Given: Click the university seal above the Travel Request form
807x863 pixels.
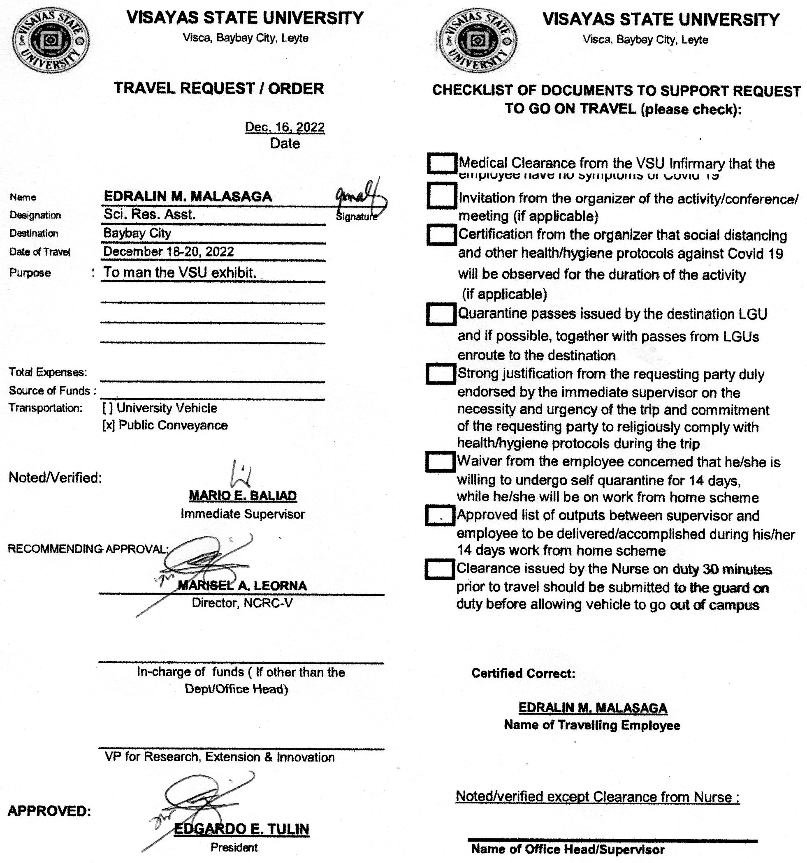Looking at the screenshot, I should click(51, 41).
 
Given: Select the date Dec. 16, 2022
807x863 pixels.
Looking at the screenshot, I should click(285, 127).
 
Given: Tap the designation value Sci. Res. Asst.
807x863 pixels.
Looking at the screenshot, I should click(149, 214).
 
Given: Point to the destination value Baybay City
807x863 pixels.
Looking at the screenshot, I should click(137, 233).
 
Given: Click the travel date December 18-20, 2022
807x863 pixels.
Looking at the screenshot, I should click(169, 252).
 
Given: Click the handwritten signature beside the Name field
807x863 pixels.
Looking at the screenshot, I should click(359, 197).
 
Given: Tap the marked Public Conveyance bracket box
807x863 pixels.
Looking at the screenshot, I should click(109, 425).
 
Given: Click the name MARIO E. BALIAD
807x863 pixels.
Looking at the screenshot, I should click(243, 495).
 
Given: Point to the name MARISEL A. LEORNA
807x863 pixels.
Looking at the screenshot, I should click(242, 586).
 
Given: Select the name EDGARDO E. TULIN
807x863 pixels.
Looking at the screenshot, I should click(241, 829).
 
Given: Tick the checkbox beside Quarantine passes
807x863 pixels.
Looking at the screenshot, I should click(441, 314).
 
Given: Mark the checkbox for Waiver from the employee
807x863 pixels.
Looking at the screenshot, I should click(440, 462).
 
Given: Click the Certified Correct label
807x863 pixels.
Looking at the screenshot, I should click(523, 673).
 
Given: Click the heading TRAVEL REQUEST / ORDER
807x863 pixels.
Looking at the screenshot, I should click(219, 88).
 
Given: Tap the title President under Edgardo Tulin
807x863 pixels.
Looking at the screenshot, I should click(234, 847).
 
